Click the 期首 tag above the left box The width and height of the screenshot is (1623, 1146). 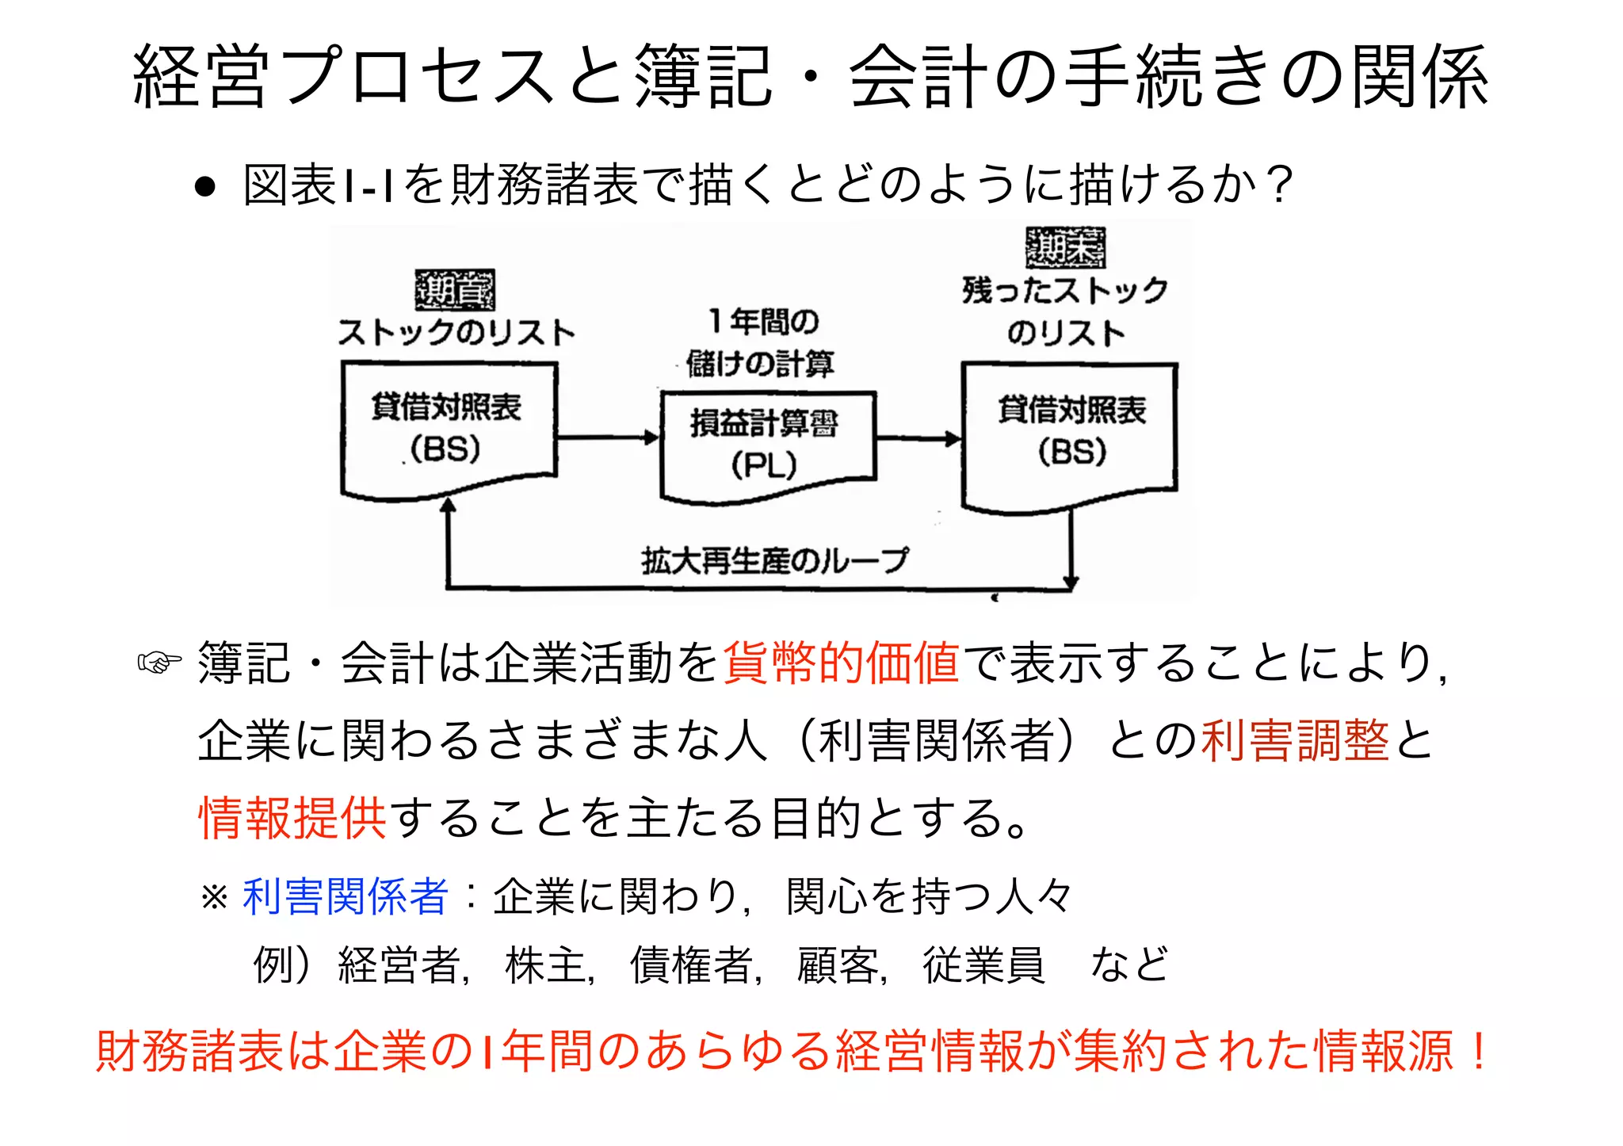pyautogui.click(x=455, y=290)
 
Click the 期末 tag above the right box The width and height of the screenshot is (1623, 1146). pyautogui.click(x=1064, y=248)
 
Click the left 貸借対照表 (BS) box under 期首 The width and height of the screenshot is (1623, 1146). pyautogui.click(x=447, y=428)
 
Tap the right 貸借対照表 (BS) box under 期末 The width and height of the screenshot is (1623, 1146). pyautogui.click(x=1070, y=432)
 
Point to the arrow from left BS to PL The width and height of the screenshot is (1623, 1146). pyautogui.click(x=608, y=437)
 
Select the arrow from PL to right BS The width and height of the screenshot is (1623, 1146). pyautogui.click(x=918, y=437)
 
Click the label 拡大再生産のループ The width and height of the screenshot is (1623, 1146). pyautogui.click(x=774, y=561)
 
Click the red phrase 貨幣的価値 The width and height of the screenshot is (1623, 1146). pyautogui.click(x=842, y=663)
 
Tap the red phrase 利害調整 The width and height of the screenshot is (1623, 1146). pyautogui.click(x=1295, y=741)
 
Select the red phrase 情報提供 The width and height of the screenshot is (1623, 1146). pyautogui.click(x=292, y=818)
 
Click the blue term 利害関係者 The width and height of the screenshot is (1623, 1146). pyautogui.click(x=346, y=897)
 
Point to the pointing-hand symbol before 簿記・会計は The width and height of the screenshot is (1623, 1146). pyautogui.click(x=159, y=663)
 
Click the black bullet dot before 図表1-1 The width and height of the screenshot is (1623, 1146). pyautogui.click(x=205, y=187)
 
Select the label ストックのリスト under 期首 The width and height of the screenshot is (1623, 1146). pyautogui.click(x=456, y=333)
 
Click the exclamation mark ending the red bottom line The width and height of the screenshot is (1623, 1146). pyautogui.click(x=1479, y=1051)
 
